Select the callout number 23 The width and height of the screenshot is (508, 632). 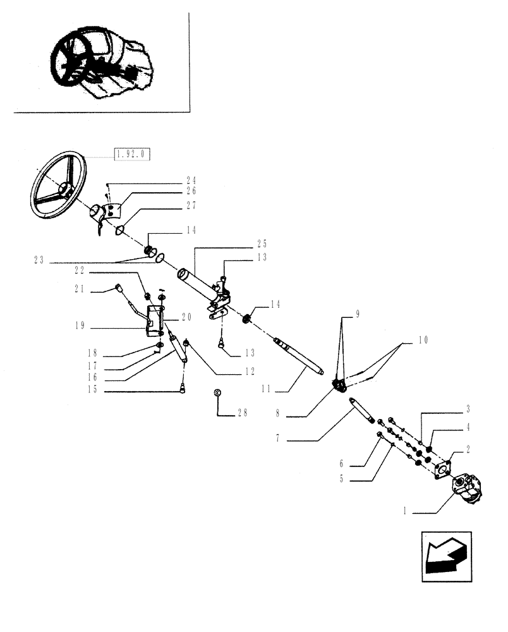coord(40,260)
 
